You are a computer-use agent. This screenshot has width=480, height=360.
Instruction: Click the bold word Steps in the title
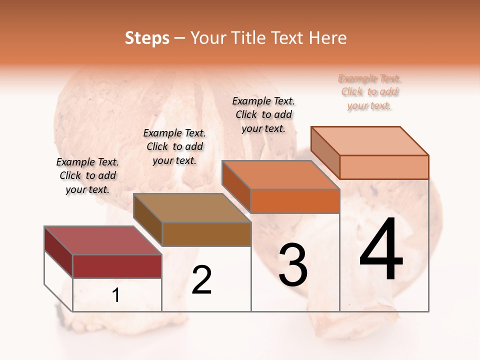pyautogui.click(x=147, y=38)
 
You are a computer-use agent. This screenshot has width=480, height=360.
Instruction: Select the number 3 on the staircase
pyautogui.click(x=293, y=265)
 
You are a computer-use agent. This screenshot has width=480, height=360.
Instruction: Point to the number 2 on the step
pyautogui.click(x=201, y=280)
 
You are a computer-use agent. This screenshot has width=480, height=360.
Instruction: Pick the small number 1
pyautogui.click(x=116, y=295)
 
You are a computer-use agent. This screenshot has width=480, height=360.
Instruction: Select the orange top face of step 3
pyautogui.click(x=280, y=175)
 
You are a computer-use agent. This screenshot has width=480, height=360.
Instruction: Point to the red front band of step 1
pyautogui.click(x=117, y=266)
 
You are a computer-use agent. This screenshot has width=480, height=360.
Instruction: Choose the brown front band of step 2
pyautogui.click(x=206, y=234)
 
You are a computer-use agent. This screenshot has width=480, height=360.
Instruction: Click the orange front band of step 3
pyautogui.click(x=295, y=201)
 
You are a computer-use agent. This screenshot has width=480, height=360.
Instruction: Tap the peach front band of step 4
pyautogui.click(x=384, y=167)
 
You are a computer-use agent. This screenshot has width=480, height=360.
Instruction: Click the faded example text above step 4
pyautogui.click(x=370, y=92)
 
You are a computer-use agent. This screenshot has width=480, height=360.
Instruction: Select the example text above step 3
pyautogui.click(x=263, y=114)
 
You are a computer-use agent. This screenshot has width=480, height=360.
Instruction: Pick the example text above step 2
pyautogui.click(x=174, y=146)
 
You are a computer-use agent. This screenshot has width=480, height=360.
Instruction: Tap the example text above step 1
pyautogui.click(x=87, y=175)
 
